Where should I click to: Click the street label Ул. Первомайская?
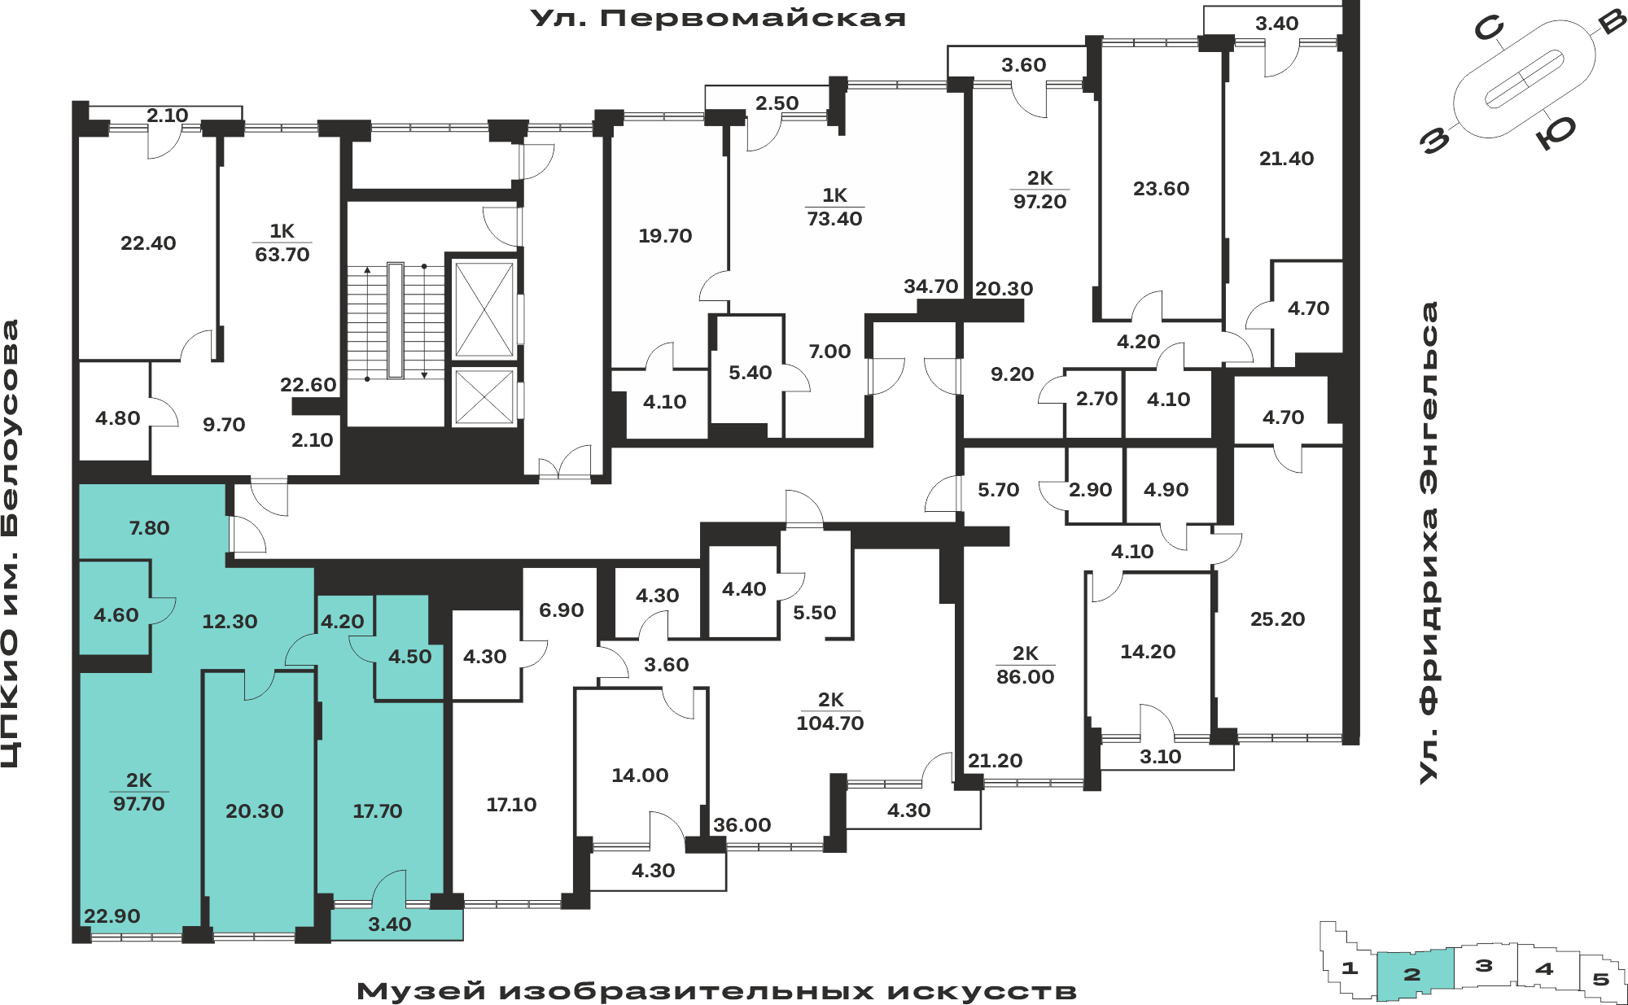pyautogui.click(x=718, y=18)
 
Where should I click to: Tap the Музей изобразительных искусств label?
pyautogui.click(x=716, y=991)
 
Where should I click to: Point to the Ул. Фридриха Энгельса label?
pyautogui.click(x=1429, y=543)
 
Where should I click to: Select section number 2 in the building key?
pyautogui.click(x=1412, y=974)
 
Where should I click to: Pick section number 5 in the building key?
pyautogui.click(x=1601, y=979)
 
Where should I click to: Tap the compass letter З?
pyautogui.click(x=1435, y=140)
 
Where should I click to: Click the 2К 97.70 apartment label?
pyautogui.click(x=139, y=792)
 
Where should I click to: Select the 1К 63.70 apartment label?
pyautogui.click(x=282, y=243)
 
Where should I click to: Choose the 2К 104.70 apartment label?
pyautogui.click(x=830, y=711)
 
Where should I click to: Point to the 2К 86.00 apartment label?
pyautogui.click(x=1026, y=665)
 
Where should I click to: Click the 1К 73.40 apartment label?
pyautogui.click(x=834, y=207)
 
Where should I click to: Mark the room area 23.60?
pyautogui.click(x=1162, y=189)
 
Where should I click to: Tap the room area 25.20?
pyautogui.click(x=1278, y=619)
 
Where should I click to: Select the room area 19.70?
pyautogui.click(x=665, y=236)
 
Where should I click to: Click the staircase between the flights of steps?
pyautogui.click(x=396, y=321)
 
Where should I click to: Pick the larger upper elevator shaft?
pyautogui.click(x=484, y=309)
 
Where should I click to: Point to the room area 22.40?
pyautogui.click(x=148, y=243)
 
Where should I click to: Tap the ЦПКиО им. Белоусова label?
pyautogui.click(x=11, y=544)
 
